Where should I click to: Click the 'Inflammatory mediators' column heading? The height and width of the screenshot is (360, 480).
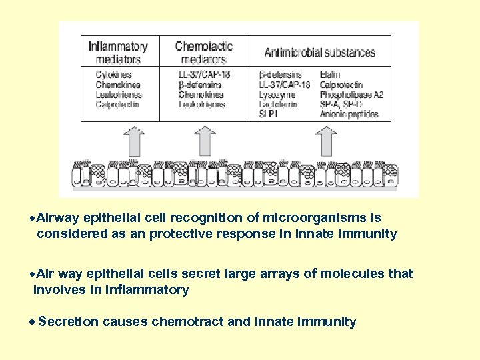click(118, 53)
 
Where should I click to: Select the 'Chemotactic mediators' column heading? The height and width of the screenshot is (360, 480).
click(203, 53)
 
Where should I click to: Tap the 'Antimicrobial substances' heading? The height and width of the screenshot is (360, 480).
click(319, 53)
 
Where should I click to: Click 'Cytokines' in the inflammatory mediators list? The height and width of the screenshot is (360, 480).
click(113, 75)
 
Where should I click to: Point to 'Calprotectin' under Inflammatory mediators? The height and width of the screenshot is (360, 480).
click(117, 104)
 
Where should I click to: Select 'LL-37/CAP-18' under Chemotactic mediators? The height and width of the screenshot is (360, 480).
click(204, 75)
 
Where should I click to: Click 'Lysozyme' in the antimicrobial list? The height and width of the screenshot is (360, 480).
click(274, 95)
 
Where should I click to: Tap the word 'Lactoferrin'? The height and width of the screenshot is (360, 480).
click(278, 105)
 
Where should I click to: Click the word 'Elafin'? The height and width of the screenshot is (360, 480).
click(330, 75)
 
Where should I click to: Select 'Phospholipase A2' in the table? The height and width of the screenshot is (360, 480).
click(351, 95)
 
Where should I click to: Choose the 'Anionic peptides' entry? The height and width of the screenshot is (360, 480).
click(349, 114)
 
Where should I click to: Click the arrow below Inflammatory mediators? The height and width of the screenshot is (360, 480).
click(134, 141)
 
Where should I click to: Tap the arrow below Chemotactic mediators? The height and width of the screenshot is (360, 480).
click(204, 141)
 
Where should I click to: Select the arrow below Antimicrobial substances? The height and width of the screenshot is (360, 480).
click(326, 141)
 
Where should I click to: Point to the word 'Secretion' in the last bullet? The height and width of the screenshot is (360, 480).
click(68, 322)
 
